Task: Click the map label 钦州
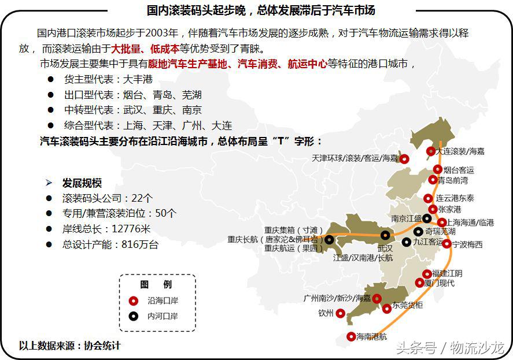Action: coord(326,314)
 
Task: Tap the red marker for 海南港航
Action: coord(350,336)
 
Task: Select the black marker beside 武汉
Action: coord(385,235)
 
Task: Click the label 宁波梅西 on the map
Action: coord(467,244)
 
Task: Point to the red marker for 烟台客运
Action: coord(438,169)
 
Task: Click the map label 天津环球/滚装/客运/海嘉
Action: coord(355,158)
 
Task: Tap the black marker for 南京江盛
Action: coord(426,218)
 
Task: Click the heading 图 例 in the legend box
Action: coord(156,284)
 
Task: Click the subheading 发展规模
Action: coord(82,183)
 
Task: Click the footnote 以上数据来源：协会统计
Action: coord(69,346)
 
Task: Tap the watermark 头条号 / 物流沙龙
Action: coord(449,347)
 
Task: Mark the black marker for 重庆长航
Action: coord(329,239)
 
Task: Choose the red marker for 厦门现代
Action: coord(420,283)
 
